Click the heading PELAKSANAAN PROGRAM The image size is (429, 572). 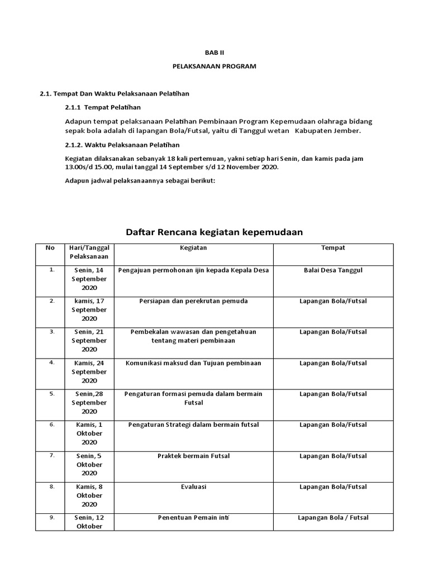[214, 66]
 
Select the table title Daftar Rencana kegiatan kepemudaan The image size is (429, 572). [214, 232]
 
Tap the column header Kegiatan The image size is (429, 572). [193, 247]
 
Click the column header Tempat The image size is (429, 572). [333, 247]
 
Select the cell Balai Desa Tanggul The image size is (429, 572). [333, 270]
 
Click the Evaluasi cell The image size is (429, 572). [193, 487]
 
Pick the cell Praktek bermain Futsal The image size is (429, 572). [193, 456]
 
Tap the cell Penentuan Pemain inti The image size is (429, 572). [193, 518]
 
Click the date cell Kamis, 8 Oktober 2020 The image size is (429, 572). [89, 495]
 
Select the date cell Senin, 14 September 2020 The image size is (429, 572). [89, 279]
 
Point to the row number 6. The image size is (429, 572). [52, 425]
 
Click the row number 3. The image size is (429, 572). [52, 332]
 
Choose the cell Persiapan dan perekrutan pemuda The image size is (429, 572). [193, 301]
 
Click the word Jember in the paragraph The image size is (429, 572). [349, 131]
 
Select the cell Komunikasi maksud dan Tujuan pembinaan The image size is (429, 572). [193, 363]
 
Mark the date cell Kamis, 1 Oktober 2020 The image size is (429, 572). [89, 433]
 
